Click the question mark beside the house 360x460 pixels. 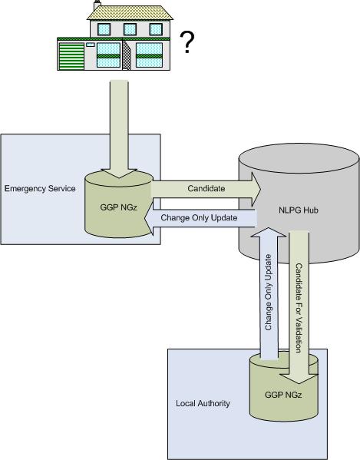pos(187,42)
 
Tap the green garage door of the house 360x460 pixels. pos(71,56)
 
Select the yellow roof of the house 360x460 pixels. pos(130,12)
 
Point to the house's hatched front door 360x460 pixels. pos(127,55)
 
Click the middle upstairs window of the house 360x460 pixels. pos(130,29)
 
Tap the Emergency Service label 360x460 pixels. pos(40,188)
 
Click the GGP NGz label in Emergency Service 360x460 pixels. pos(118,207)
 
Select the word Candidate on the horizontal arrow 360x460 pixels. pos(206,188)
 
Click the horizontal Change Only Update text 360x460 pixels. pos(199,217)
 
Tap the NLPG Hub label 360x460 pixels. pos(298,210)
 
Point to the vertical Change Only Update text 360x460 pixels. pos(268,292)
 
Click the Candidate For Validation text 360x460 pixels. pos(299,308)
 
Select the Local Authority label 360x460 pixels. pos(203,403)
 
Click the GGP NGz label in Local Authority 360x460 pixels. pos(283,395)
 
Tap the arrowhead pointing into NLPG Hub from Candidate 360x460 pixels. pos(256,189)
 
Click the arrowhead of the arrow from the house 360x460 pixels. pos(119,174)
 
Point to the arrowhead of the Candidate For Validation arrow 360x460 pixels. pos(299,379)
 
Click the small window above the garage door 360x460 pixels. pos(91,45)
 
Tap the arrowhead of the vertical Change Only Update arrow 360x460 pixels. pos(269,232)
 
